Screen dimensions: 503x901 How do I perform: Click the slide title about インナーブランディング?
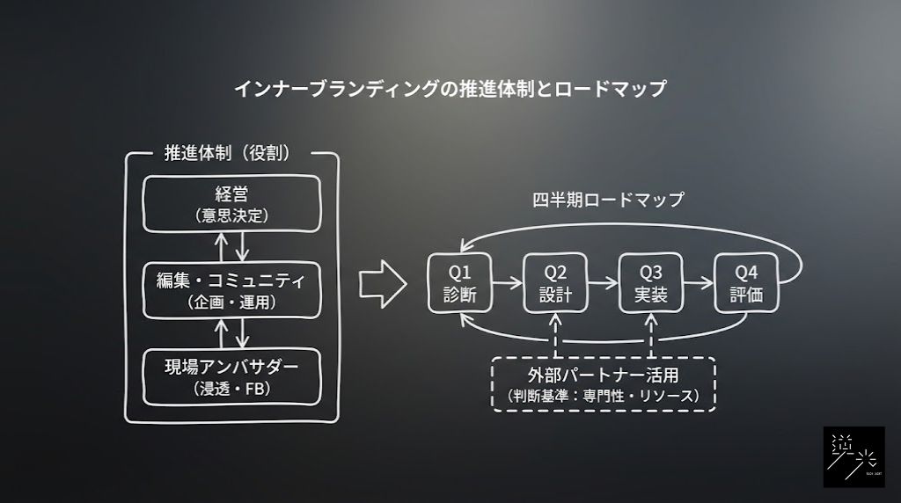pos(450,89)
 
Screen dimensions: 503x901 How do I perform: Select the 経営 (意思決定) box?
pos(232,203)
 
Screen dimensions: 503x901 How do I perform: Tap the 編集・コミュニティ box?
pos(232,290)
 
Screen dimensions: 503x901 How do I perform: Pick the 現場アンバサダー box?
pos(232,376)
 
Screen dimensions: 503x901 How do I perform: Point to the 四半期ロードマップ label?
pos(608,199)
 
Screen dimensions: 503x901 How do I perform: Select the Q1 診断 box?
pos(459,283)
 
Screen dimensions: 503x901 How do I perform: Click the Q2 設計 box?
pos(555,283)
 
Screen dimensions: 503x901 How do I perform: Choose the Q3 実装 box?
pos(650,283)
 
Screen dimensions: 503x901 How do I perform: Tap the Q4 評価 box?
pos(746,283)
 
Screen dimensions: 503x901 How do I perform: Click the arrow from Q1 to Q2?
pos(507,283)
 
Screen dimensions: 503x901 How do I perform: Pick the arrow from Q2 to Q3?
pos(603,283)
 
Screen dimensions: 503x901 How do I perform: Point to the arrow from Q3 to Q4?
pos(699,283)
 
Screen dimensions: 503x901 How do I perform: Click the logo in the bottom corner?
pos(853,456)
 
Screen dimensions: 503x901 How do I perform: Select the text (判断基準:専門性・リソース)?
pos(604,397)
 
